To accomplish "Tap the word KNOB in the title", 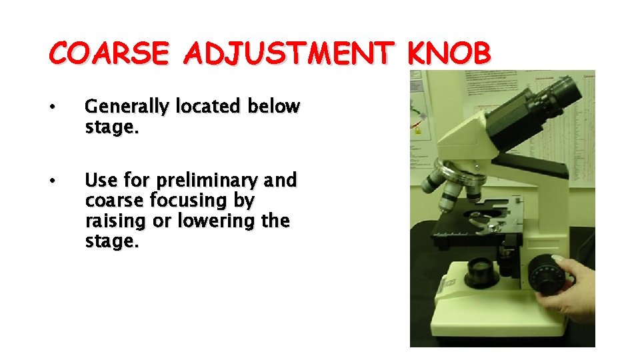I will tap(450, 53).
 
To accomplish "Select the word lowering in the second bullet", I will tap(215, 221).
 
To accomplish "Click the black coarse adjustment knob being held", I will tap(549, 273).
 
